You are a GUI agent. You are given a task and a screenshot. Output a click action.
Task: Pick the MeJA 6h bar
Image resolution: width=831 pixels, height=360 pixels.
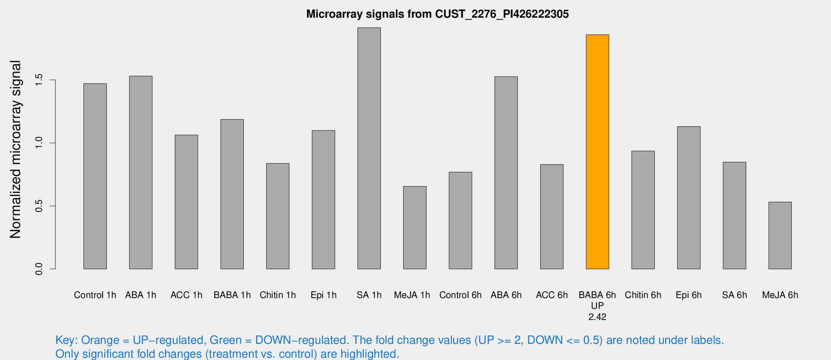(x=780, y=235)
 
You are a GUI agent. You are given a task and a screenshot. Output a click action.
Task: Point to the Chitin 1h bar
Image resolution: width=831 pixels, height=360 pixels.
(x=278, y=216)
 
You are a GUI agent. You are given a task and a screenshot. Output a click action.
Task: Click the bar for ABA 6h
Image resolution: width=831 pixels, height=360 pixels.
(x=506, y=173)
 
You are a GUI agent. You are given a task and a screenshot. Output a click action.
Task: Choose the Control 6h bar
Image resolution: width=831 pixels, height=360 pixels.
(x=460, y=220)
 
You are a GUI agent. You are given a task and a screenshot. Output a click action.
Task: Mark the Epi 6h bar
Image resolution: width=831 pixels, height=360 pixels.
(x=689, y=198)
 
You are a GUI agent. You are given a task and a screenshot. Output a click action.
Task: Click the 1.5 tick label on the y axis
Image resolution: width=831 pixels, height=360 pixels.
(x=39, y=80)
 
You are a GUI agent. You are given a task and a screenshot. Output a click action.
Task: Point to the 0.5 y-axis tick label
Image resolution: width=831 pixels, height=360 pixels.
(x=39, y=206)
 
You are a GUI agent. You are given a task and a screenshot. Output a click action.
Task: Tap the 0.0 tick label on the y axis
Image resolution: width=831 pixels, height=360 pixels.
(x=39, y=269)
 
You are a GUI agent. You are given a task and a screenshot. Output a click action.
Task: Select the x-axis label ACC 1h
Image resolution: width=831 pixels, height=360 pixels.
(x=186, y=295)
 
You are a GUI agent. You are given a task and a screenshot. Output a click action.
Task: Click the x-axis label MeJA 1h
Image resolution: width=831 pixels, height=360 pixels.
(x=412, y=295)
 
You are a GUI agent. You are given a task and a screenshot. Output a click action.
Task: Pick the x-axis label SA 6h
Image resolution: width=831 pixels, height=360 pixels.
(x=734, y=295)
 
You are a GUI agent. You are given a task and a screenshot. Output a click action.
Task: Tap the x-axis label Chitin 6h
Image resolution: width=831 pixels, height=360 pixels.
(x=643, y=295)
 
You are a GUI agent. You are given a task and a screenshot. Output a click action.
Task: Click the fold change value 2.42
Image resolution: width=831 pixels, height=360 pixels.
(x=597, y=317)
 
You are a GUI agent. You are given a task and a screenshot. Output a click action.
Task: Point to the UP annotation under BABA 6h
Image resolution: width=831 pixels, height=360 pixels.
(x=597, y=306)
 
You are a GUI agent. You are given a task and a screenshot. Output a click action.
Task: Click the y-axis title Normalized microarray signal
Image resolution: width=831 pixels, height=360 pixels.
(x=15, y=149)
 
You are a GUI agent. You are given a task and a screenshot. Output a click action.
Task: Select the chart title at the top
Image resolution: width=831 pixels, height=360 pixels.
(x=437, y=14)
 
